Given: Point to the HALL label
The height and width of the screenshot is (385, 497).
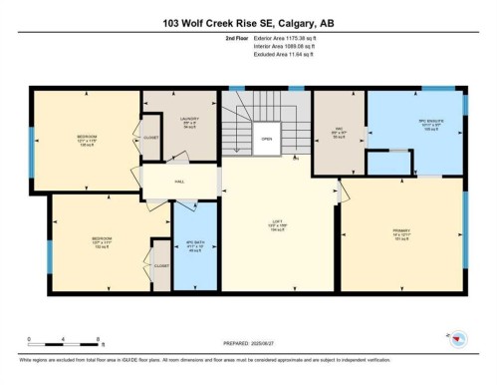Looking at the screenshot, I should pyautogui.click(x=179, y=182).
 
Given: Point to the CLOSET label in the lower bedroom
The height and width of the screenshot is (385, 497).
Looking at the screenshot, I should pyautogui.click(x=161, y=266).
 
